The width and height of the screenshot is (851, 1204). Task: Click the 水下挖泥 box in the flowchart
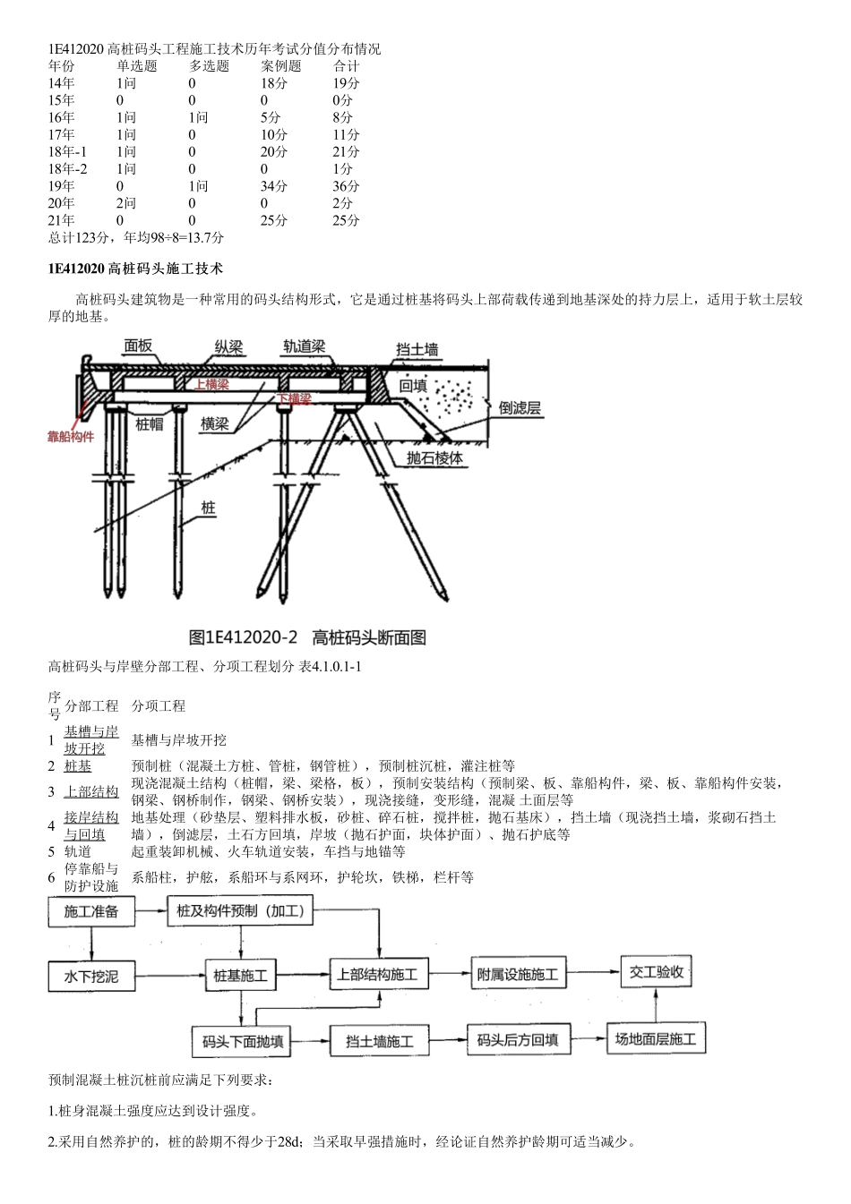[x=90, y=975]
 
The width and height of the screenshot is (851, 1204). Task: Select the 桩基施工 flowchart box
[x=241, y=975]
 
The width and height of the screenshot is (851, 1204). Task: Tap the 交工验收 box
[x=657, y=971]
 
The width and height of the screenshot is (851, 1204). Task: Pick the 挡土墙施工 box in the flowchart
[x=380, y=1041]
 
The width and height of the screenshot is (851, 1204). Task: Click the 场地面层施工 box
[x=655, y=1039]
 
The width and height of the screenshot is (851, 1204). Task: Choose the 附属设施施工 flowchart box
[x=517, y=974]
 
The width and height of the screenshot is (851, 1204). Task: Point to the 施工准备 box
[x=90, y=912]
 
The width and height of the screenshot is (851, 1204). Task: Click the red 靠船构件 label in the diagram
[x=71, y=437]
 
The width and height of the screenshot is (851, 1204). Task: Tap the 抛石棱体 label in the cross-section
[x=434, y=457]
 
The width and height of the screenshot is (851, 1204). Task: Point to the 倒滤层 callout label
[x=520, y=408]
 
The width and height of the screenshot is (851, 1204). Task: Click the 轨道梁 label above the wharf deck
[x=304, y=346]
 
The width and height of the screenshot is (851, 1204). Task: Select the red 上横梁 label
[x=211, y=384]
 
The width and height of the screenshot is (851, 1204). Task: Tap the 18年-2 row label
[x=68, y=169]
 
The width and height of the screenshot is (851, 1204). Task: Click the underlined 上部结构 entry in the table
[x=91, y=791]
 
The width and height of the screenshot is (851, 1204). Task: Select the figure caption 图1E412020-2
[x=243, y=637]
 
